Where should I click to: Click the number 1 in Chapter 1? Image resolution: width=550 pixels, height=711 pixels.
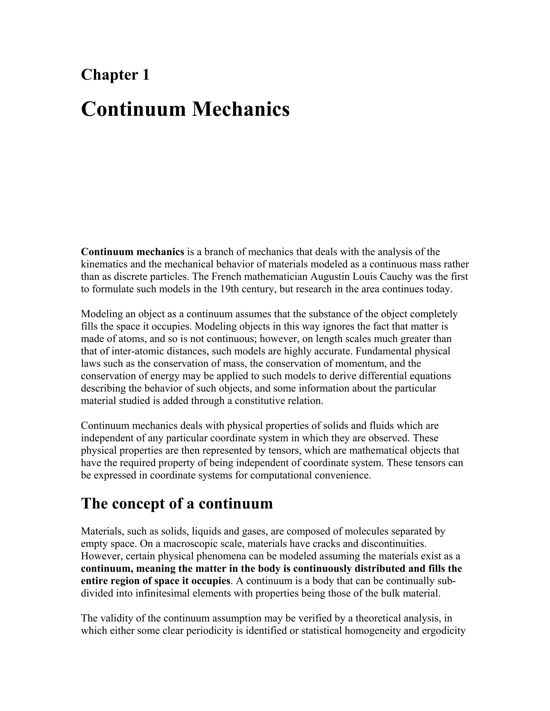[x=146, y=75]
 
